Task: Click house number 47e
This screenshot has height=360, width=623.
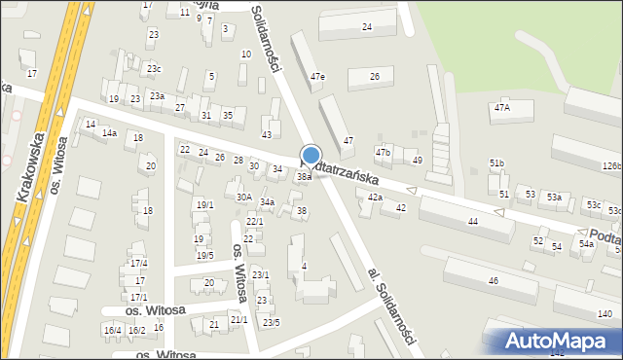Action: point(317,77)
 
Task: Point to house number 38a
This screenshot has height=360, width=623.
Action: point(304,177)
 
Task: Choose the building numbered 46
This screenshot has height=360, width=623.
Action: point(494,280)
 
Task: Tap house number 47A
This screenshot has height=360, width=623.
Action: point(501,108)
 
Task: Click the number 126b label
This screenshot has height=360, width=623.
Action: point(611,166)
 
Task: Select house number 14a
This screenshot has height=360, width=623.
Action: point(110,132)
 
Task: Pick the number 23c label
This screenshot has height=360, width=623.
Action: point(154,68)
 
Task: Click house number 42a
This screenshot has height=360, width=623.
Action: point(375,198)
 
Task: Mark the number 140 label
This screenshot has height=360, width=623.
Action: point(605,313)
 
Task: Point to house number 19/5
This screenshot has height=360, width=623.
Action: point(204,255)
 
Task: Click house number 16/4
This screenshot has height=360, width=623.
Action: point(112,331)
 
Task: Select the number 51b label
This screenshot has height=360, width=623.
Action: point(497,162)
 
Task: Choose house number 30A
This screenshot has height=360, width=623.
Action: point(244,197)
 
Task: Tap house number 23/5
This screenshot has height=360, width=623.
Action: point(270,322)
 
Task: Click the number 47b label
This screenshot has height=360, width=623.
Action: point(383,153)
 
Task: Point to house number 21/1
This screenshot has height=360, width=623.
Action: point(239,319)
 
